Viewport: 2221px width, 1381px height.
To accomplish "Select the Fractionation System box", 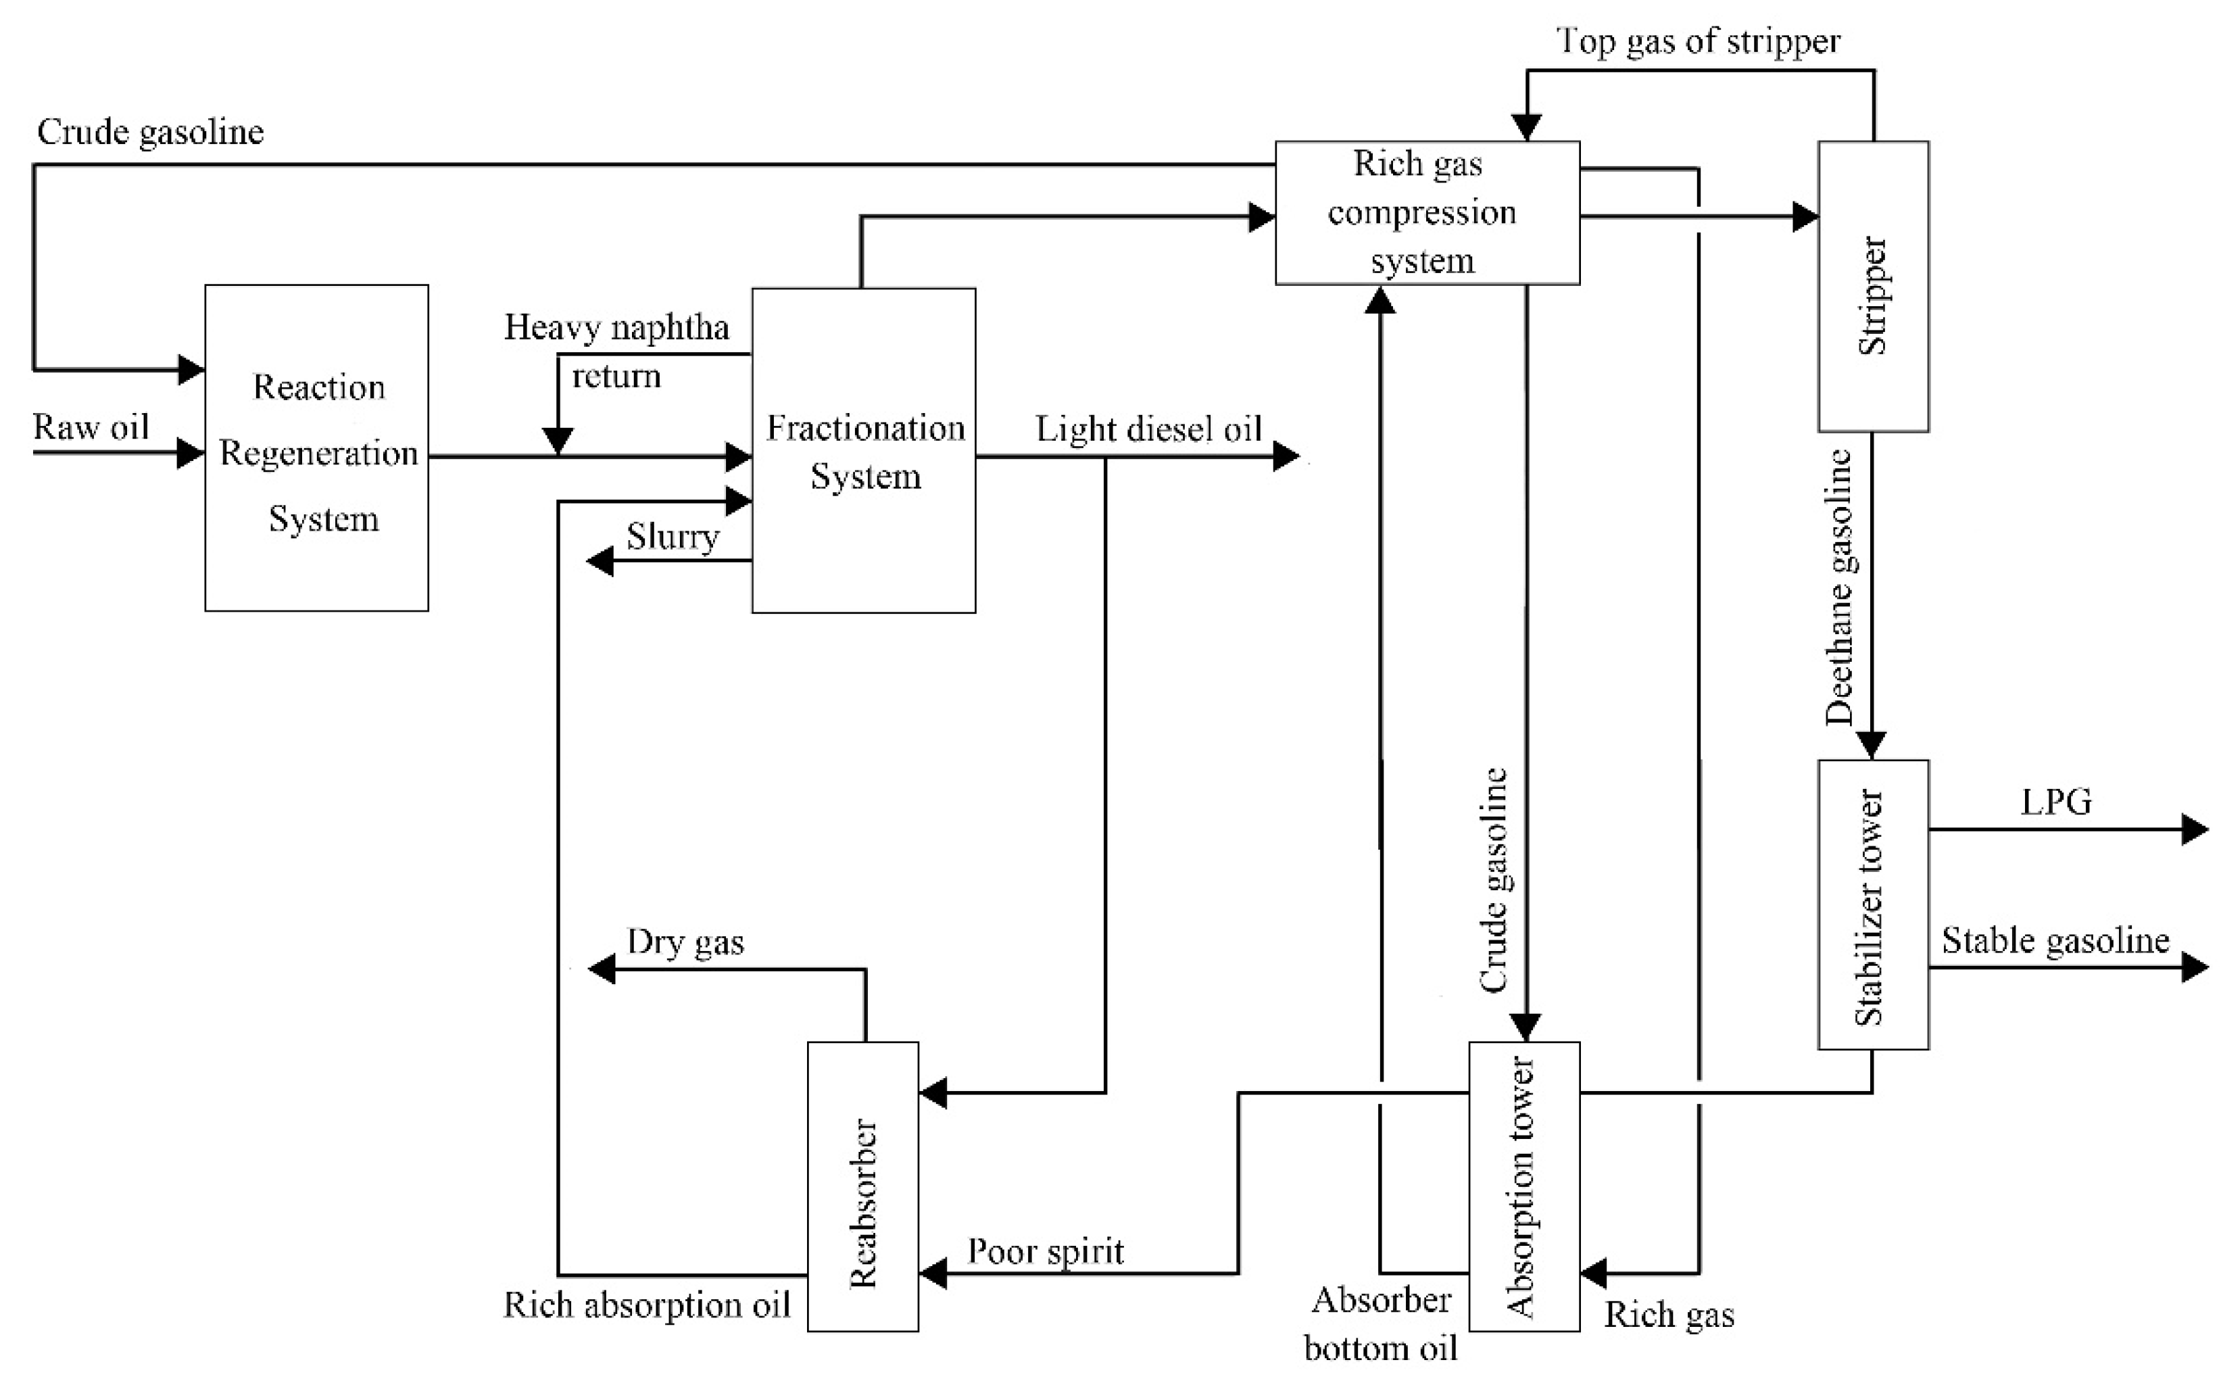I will [x=863, y=450].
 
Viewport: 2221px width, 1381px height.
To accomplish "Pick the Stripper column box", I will [x=1872, y=286].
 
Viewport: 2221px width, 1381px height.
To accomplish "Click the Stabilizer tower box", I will [x=1872, y=904].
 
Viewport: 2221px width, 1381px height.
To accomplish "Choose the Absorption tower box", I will [x=1523, y=1186].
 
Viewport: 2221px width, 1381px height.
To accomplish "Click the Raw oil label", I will [x=91, y=427].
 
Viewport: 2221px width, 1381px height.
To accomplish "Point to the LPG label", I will [x=2055, y=802].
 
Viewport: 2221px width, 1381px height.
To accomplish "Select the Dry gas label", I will [x=685, y=942].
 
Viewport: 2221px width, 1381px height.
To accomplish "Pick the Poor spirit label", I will [x=1045, y=1251].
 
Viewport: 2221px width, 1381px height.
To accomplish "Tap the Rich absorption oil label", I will [x=647, y=1305].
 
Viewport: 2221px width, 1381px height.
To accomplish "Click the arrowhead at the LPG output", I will [x=2195, y=829].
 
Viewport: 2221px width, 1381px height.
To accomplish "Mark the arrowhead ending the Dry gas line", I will [x=601, y=969].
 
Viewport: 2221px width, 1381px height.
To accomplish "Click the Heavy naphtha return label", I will [x=616, y=351].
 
